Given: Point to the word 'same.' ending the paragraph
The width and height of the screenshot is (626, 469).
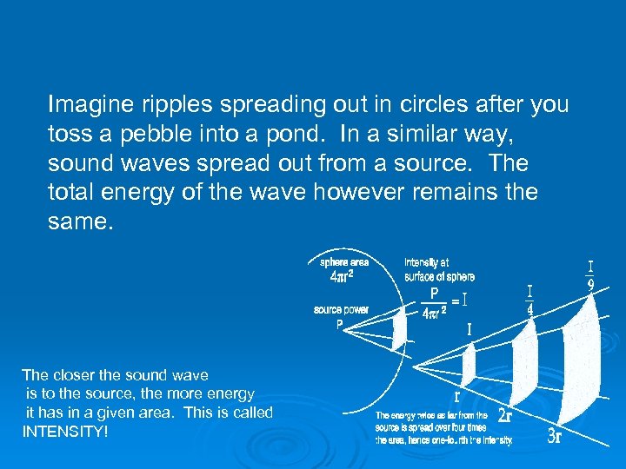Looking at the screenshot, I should [x=81, y=222].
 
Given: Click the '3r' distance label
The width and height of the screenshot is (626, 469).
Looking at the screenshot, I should [x=555, y=436].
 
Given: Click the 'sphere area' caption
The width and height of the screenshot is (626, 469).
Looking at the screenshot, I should [x=344, y=261].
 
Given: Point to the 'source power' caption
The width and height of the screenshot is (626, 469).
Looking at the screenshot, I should [x=341, y=309].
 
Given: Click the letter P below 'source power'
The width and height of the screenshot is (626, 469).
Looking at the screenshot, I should [x=340, y=325].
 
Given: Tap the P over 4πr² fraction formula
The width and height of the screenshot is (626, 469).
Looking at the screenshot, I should [x=434, y=302].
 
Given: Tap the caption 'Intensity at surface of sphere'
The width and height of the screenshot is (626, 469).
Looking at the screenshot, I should [x=439, y=269].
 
